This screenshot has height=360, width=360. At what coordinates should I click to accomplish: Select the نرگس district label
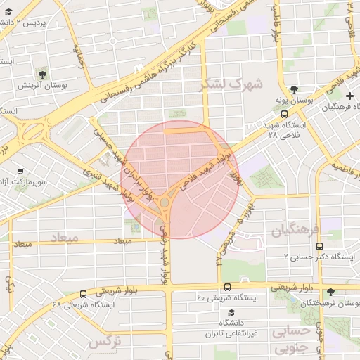click(103, 343)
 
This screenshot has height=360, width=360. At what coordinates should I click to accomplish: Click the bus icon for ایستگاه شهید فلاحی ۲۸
click(284, 113)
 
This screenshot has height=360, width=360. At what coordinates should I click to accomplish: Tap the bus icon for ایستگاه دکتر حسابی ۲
click(320, 247)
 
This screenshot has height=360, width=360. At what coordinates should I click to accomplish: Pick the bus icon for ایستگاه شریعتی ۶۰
click(227, 287)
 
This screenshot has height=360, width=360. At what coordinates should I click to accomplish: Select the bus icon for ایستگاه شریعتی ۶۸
click(84, 294)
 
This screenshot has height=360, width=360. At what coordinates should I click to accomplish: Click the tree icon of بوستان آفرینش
click(44, 74)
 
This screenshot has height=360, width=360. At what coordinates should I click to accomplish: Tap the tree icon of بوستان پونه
click(294, 91)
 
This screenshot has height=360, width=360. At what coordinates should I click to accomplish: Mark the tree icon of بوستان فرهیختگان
click(331, 292)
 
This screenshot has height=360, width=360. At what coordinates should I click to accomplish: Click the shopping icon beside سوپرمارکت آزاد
click(20, 172)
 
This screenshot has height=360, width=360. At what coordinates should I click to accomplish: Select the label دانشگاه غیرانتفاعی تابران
click(226, 328)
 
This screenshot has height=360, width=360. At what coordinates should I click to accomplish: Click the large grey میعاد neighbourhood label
click(64, 238)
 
